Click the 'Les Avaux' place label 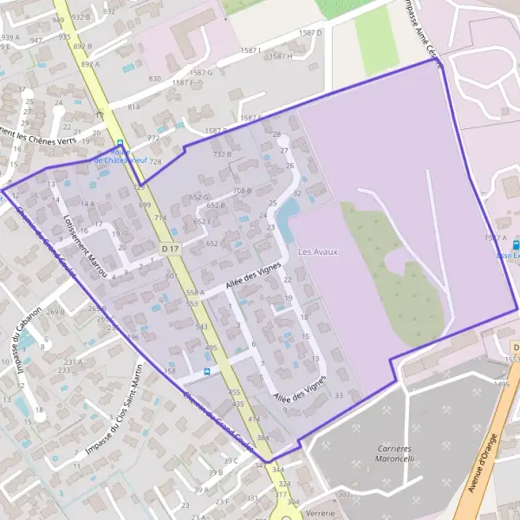point(317,252)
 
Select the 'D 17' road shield point(170,249)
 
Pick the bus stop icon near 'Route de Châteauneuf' point(120,145)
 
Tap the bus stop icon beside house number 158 point(205,372)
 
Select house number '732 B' point(222,154)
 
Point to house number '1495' point(501,383)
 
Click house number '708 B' point(242,191)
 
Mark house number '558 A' point(195,293)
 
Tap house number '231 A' point(72,361)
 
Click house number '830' point(155,79)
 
